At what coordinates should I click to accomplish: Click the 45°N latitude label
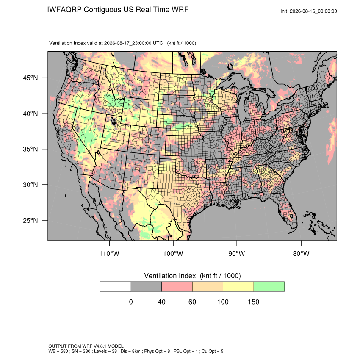pyautogui.click(x=30, y=78)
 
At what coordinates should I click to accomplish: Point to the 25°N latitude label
pyautogui.click(x=30, y=220)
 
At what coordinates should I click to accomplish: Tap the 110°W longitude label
pyautogui.click(x=109, y=253)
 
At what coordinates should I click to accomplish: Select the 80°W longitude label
pyautogui.click(x=301, y=253)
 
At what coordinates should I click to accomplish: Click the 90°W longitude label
pyautogui.click(x=236, y=253)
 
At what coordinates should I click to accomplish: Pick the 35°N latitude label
pyautogui.click(x=30, y=149)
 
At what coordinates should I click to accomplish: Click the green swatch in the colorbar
pyautogui.click(x=269, y=287)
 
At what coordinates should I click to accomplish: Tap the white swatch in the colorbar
pyautogui.click(x=116, y=287)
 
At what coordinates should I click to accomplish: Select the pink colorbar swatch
pyautogui.click(x=177, y=287)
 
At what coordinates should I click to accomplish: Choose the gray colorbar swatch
pyautogui.click(x=146, y=287)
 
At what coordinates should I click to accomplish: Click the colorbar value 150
pyautogui.click(x=253, y=302)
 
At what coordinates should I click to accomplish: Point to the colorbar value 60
pyautogui.click(x=192, y=302)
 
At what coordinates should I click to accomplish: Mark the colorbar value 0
pyautogui.click(x=131, y=302)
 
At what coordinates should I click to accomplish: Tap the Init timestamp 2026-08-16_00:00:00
pyautogui.click(x=313, y=11)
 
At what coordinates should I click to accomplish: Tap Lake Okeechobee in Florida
pyautogui.click(x=291, y=216)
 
